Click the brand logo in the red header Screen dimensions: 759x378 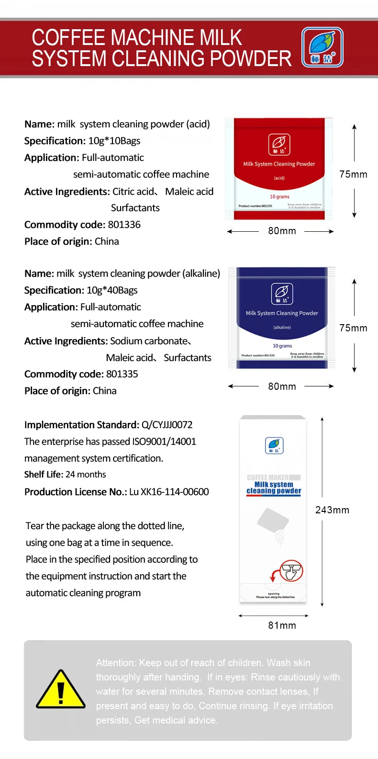click(322, 47)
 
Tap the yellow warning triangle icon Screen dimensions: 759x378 click(61, 691)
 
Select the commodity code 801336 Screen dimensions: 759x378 click(124, 225)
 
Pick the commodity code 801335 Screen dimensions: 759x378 click(122, 374)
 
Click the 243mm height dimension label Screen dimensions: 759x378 click(332, 510)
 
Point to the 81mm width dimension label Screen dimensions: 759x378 click(282, 625)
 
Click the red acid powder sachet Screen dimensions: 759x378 click(279, 169)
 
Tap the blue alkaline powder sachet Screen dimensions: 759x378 click(282, 317)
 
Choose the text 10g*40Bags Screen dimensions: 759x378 click(112, 290)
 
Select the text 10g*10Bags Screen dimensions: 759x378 click(114, 141)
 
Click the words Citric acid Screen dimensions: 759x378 click(133, 192)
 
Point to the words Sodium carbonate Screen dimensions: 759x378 click(149, 341)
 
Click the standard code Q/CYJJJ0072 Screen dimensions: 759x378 click(167, 425)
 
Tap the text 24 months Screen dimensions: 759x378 click(86, 475)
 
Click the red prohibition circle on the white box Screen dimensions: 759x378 click(291, 571)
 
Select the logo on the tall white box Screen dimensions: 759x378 click(274, 445)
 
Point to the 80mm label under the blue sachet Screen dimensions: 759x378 click(282, 386)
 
